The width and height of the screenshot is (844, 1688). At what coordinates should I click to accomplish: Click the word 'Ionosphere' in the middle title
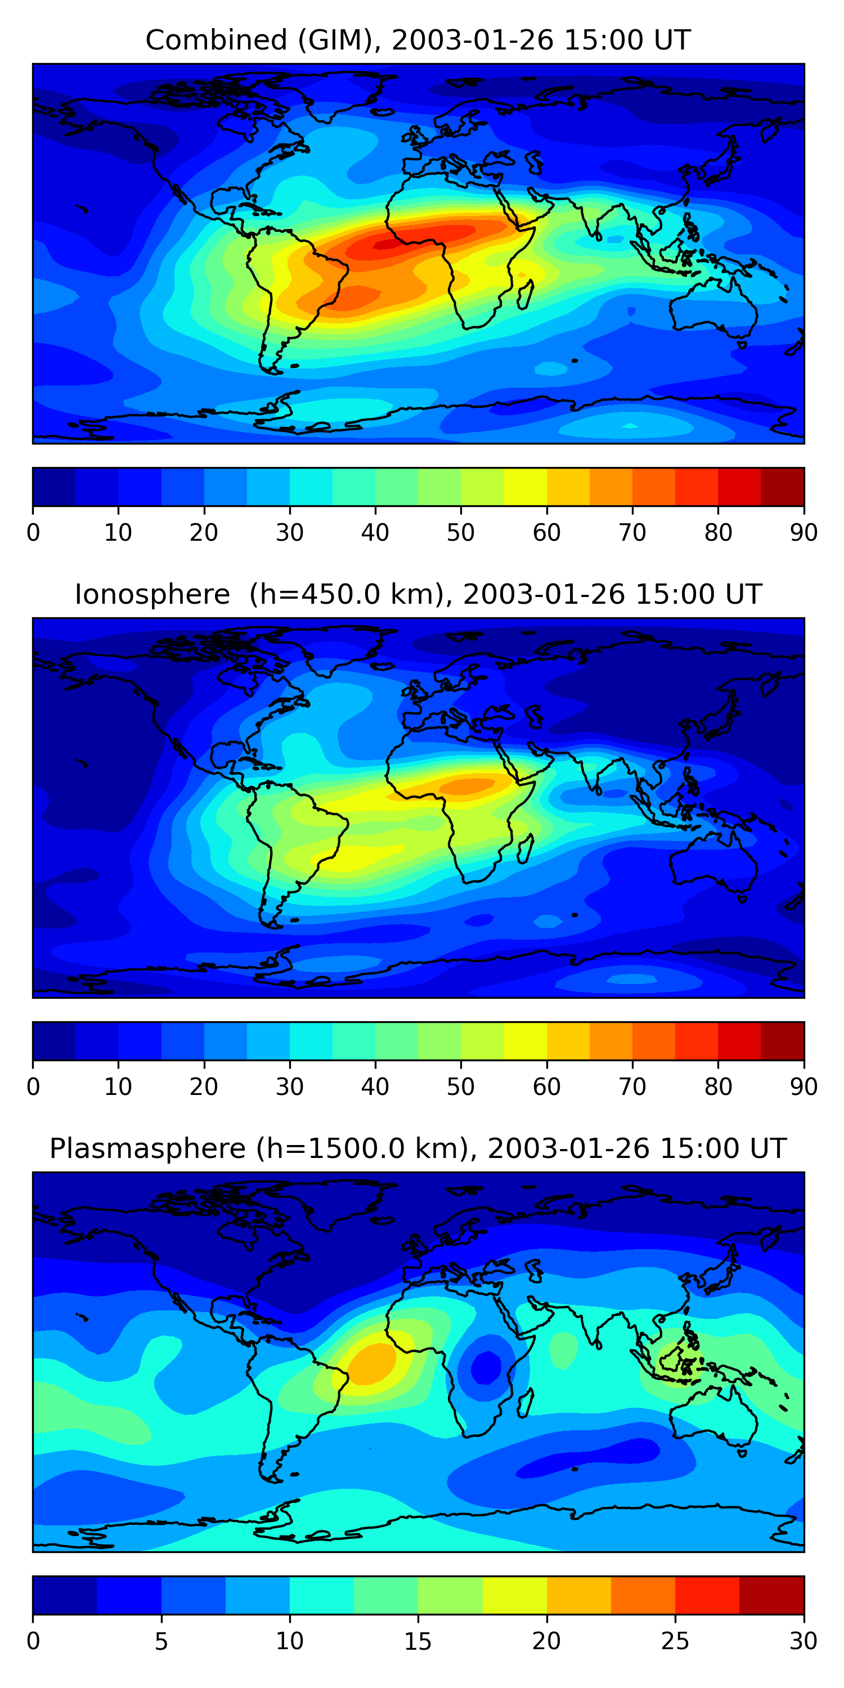coord(152,595)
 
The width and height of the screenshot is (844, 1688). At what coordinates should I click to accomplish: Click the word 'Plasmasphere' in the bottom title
coord(147,1149)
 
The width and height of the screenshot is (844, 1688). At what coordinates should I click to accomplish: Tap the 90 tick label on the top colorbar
coord(803,533)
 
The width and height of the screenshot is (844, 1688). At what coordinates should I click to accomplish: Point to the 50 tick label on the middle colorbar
coord(461,1087)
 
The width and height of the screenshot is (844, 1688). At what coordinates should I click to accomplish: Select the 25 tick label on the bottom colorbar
coord(675,1641)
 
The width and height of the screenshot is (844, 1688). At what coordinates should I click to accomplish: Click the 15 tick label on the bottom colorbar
coord(418,1641)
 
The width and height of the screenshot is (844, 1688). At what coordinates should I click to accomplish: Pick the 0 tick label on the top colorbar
coord(33,533)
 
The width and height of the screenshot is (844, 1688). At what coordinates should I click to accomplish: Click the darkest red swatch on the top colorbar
coord(783,487)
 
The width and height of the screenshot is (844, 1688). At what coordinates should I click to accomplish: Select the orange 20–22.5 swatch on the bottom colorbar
coord(578,1595)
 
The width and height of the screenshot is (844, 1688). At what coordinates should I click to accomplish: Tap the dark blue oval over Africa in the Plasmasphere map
coord(486,1366)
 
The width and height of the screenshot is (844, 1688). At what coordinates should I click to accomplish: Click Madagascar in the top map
coord(526,294)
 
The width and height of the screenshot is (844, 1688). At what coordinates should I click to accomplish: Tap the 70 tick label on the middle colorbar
coord(632,1087)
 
